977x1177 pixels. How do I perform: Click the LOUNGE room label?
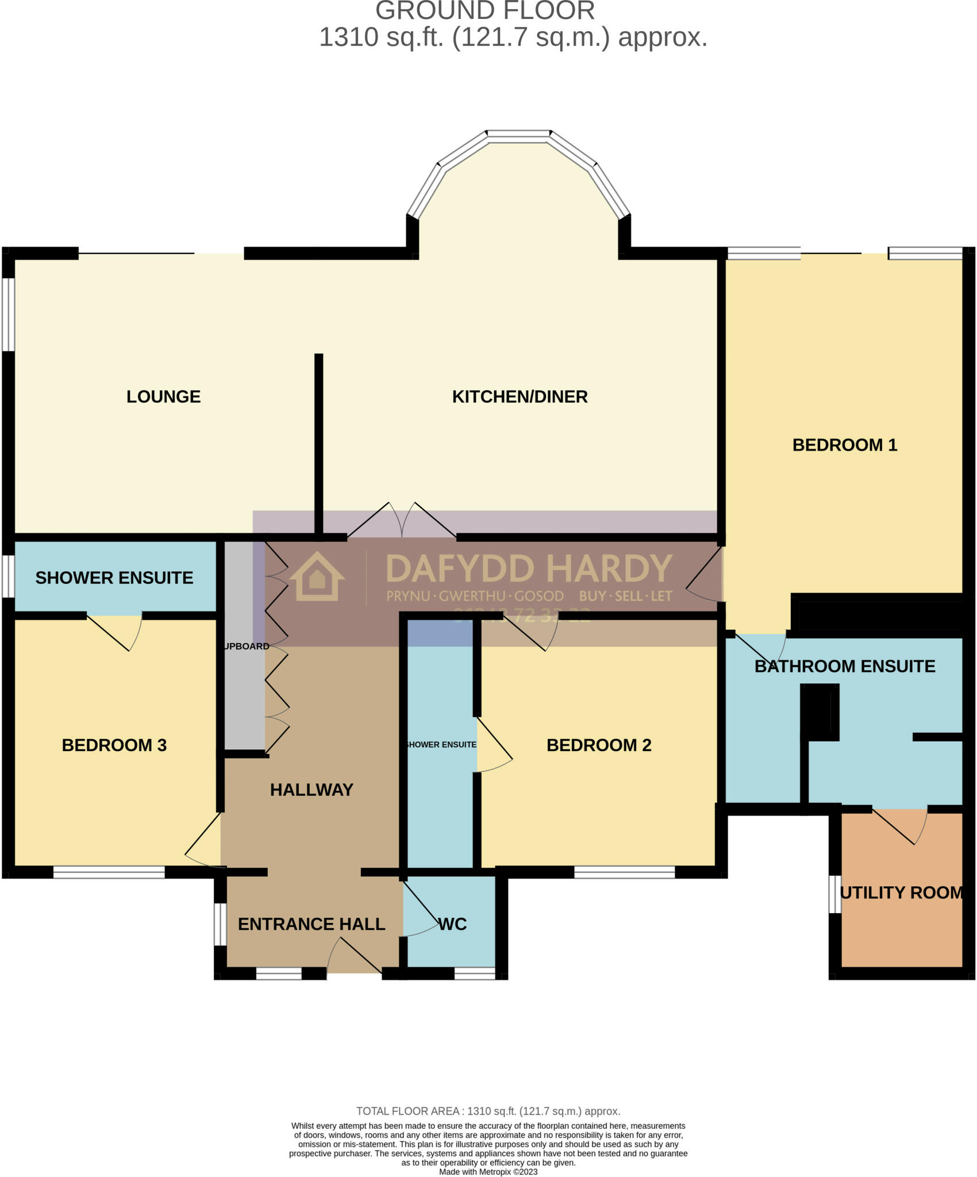(x=163, y=397)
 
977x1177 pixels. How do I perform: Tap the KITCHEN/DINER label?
(x=520, y=397)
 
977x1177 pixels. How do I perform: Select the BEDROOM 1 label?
(x=844, y=445)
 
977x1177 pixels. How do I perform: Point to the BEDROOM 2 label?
(x=598, y=745)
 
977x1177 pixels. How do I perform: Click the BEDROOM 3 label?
(x=114, y=745)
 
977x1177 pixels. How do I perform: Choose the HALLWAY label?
(x=311, y=790)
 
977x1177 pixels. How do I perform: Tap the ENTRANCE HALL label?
(x=311, y=924)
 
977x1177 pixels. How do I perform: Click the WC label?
(x=452, y=924)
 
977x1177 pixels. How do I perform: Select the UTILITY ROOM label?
(x=901, y=893)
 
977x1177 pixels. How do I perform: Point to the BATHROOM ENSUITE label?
(x=844, y=666)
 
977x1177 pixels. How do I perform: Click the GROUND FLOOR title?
(x=485, y=11)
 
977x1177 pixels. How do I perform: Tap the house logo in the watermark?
(x=317, y=577)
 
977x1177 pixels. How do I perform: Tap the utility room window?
(x=834, y=894)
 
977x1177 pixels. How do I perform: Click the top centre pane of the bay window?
(x=519, y=136)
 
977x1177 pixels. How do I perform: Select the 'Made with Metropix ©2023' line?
(x=488, y=1172)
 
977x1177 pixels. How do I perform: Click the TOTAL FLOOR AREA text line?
(x=488, y=1111)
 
